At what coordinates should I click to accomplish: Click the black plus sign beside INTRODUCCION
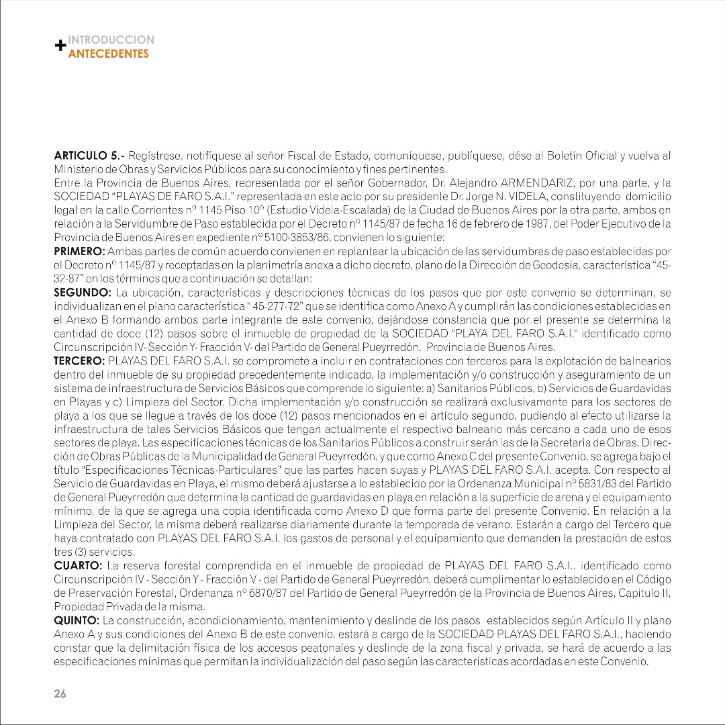pos(60,46)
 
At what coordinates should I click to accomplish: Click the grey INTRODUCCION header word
pos(111,40)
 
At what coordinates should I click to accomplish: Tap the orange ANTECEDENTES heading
pos(109,54)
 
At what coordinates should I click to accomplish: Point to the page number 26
pos(60,694)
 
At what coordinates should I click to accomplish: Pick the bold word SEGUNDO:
pos(82,293)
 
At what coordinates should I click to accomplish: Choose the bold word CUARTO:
pos(77,565)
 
